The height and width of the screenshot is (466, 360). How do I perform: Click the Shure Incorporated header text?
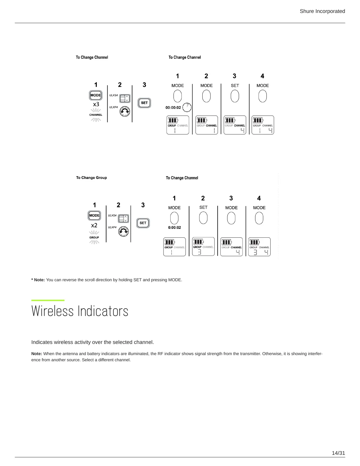point(322,11)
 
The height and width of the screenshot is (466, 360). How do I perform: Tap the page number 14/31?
point(338,453)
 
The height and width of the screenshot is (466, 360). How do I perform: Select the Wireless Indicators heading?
point(80,311)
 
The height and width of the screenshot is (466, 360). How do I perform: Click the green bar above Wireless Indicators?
point(48,300)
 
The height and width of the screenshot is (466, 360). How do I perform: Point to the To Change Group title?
point(91,178)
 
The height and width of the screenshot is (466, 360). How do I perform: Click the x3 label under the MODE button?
point(96,104)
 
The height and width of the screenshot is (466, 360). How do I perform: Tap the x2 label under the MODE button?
point(94,225)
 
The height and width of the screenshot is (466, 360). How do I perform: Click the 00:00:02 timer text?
point(173,108)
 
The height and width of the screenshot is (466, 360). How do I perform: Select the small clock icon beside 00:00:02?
point(187,107)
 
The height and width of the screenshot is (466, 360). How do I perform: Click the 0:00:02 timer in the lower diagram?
point(174,228)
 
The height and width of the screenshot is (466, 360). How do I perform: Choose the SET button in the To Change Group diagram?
point(143,223)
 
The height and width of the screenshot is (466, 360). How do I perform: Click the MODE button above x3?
point(96,95)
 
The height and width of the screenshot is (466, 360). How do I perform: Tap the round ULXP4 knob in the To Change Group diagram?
point(124,232)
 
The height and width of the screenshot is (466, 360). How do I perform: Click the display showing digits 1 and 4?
point(263,125)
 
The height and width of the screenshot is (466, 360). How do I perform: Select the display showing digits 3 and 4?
point(259,247)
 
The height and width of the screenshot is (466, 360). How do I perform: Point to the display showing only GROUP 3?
point(203,247)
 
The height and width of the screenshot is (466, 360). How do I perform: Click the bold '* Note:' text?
point(38,280)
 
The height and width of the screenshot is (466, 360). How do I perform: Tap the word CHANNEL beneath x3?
point(96,115)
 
